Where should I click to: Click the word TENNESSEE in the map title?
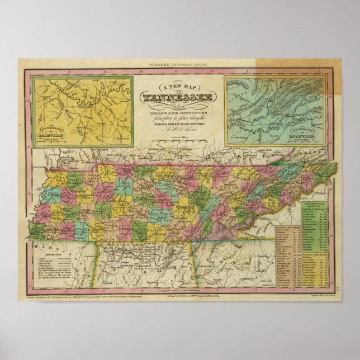tap(179, 98)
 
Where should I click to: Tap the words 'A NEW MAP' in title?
tap(179, 87)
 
